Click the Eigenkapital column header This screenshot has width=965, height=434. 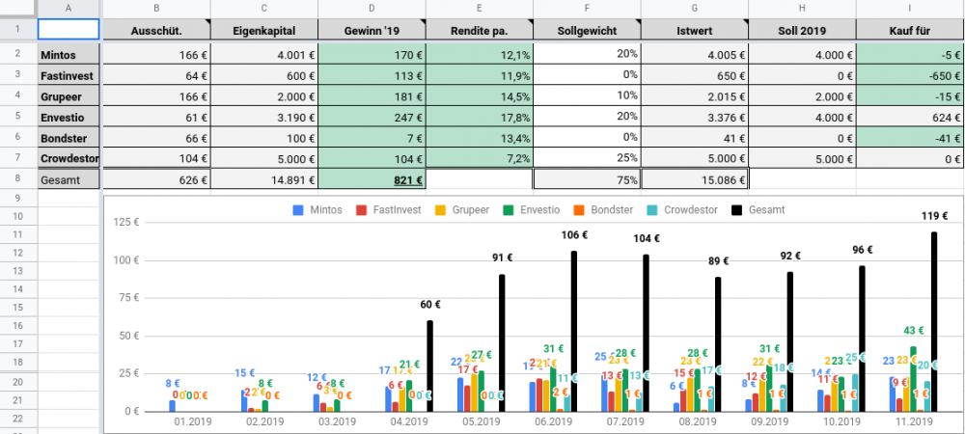[x=263, y=31]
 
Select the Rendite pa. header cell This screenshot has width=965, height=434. [x=479, y=31]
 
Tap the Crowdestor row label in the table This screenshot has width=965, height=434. [x=69, y=157]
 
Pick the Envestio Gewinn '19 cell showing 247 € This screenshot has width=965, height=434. [x=371, y=117]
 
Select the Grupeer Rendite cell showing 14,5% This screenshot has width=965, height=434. [x=479, y=96]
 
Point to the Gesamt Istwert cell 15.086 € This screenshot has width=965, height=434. [x=694, y=178]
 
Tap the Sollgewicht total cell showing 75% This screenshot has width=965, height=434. [x=587, y=178]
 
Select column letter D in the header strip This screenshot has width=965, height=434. [x=371, y=9]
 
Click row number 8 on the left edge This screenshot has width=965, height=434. [x=18, y=178]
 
